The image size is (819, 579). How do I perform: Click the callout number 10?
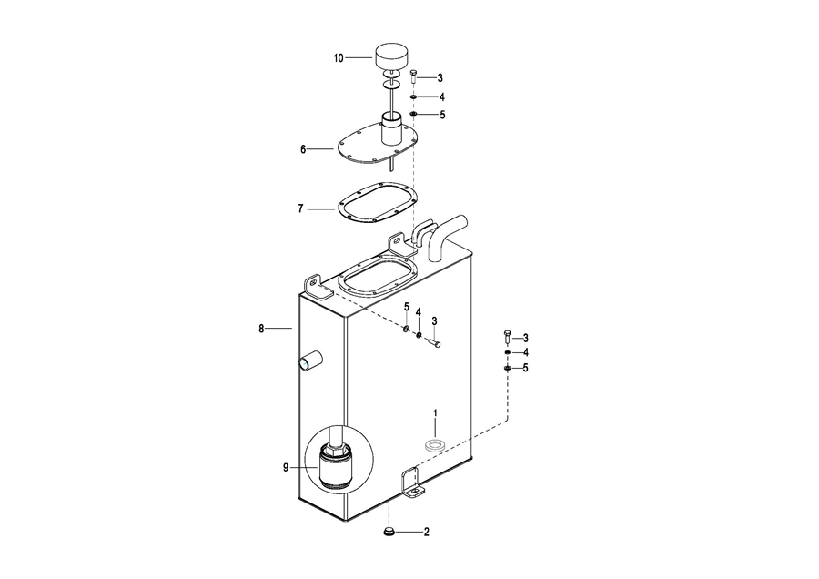point(339,58)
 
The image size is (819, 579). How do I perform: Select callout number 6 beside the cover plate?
point(303,148)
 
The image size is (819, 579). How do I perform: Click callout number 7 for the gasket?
point(300,208)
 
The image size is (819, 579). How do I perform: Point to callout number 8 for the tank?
point(262,327)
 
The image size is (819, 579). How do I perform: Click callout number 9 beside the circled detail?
point(285,467)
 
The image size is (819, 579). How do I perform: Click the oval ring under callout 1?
point(435,445)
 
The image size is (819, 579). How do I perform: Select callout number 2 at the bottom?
point(426,532)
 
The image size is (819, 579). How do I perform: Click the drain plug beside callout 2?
point(389,530)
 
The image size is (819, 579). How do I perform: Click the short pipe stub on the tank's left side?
point(310,361)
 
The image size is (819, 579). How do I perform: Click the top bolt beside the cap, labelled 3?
point(414,77)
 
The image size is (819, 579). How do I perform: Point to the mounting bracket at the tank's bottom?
point(410,482)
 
